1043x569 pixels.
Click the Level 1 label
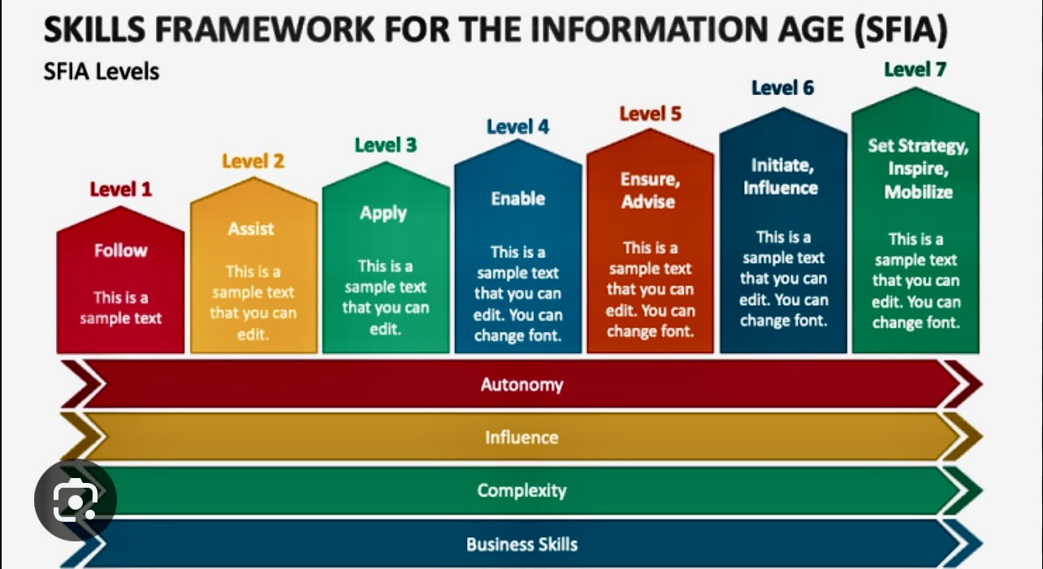(x=121, y=189)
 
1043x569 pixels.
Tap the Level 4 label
(x=517, y=127)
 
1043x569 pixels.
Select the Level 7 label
(x=915, y=70)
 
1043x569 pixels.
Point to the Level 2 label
(x=253, y=162)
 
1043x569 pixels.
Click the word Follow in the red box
(x=120, y=250)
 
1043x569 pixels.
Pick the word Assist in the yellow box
(x=251, y=229)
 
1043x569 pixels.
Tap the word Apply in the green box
(x=383, y=213)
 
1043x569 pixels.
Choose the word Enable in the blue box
(x=517, y=199)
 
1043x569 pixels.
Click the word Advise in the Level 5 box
(x=648, y=202)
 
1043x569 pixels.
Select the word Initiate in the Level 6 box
(x=782, y=166)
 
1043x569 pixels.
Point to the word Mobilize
(x=918, y=192)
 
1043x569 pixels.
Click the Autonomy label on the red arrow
(x=522, y=385)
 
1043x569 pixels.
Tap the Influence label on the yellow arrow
(x=521, y=438)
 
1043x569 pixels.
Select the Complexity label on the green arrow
(x=522, y=490)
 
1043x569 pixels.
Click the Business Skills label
(x=522, y=545)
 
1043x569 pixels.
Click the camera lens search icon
(x=76, y=500)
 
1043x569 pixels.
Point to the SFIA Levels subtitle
(x=102, y=71)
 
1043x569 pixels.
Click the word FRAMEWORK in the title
(x=265, y=30)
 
